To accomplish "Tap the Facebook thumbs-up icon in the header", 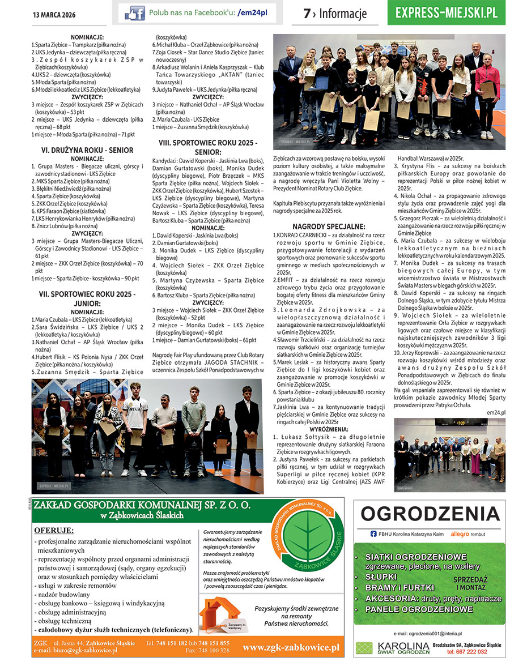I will point(134,12).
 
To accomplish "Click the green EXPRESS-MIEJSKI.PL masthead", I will point(447,12).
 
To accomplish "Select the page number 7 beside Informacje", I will point(307,14).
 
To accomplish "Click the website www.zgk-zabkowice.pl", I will point(291,647).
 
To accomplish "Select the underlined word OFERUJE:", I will point(54,530).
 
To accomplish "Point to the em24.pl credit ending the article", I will point(495,413).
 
